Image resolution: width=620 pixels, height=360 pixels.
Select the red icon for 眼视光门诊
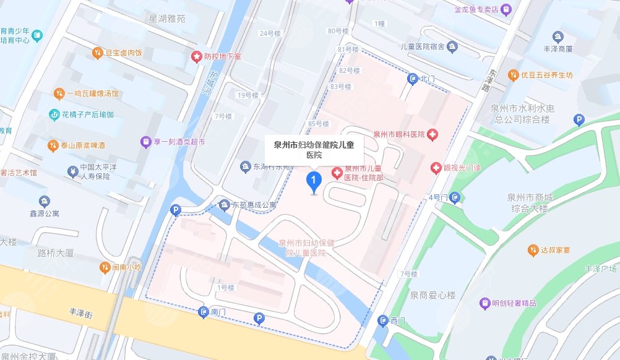click(x=436, y=168)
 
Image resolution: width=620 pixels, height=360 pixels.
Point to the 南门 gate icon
click(x=203, y=313)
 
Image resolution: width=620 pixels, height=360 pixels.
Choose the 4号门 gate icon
click(x=455, y=198)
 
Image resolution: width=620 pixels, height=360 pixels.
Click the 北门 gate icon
click(x=413, y=79)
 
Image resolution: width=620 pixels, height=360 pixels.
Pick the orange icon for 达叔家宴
click(x=533, y=250)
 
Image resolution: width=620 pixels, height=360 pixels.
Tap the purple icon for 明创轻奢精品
click(x=485, y=303)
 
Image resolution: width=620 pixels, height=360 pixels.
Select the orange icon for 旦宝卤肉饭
click(x=97, y=53)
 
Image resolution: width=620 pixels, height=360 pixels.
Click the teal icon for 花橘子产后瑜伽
click(x=54, y=114)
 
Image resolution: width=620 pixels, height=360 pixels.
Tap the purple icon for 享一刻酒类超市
click(x=145, y=142)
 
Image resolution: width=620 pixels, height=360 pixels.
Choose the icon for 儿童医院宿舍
click(x=452, y=46)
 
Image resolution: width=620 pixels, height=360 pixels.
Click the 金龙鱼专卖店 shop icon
click(x=506, y=9)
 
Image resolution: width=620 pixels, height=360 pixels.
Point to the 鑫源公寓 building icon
click(x=44, y=202)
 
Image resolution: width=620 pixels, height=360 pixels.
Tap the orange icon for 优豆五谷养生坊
click(x=513, y=75)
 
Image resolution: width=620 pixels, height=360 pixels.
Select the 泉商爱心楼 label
click(x=431, y=296)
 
